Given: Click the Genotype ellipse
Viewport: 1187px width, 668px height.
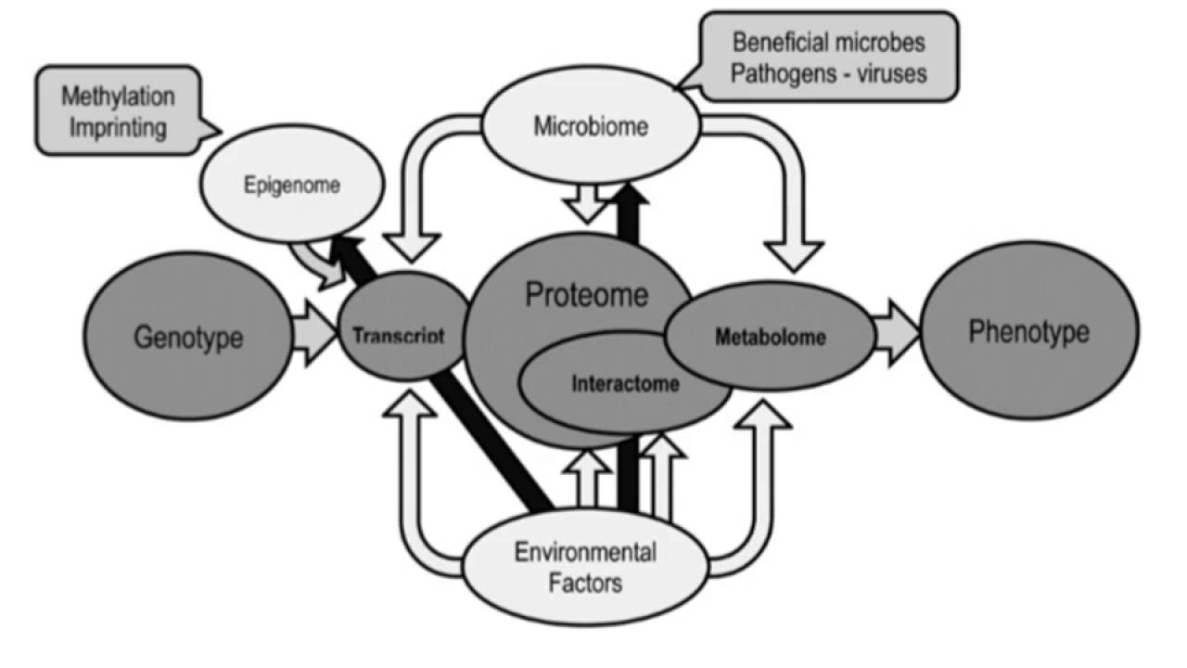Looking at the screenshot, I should point(187,336).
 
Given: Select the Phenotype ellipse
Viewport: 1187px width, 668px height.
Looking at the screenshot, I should point(1028,332).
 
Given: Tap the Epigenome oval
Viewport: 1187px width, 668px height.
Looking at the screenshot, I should point(292,185).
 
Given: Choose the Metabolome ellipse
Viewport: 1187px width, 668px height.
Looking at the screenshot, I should point(770,337).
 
